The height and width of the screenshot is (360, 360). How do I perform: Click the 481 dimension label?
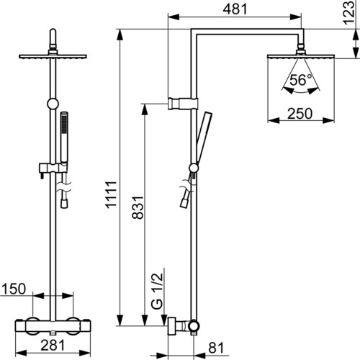235,9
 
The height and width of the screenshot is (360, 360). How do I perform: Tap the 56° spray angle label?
301,80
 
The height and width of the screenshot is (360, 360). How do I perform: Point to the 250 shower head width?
300,114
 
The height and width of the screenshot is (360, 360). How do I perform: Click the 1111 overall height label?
111,194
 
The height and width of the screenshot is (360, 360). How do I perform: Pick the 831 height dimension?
138,207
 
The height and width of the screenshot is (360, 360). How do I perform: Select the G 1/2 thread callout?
158,291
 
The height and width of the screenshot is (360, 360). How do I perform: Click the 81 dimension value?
216,348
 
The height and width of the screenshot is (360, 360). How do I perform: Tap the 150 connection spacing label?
14,289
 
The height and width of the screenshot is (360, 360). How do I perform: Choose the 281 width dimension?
53,346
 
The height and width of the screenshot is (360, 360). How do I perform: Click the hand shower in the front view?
64,138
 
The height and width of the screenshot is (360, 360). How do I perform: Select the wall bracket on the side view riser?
183,104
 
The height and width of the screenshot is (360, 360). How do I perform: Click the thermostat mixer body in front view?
53,326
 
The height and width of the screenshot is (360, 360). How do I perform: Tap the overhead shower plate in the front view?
53,56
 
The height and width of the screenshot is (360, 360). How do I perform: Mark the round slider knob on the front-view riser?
53,104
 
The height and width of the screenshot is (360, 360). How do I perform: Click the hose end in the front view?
64,204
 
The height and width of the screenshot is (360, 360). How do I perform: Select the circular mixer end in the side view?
194,325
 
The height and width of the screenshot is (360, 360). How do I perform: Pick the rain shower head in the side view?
301,56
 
